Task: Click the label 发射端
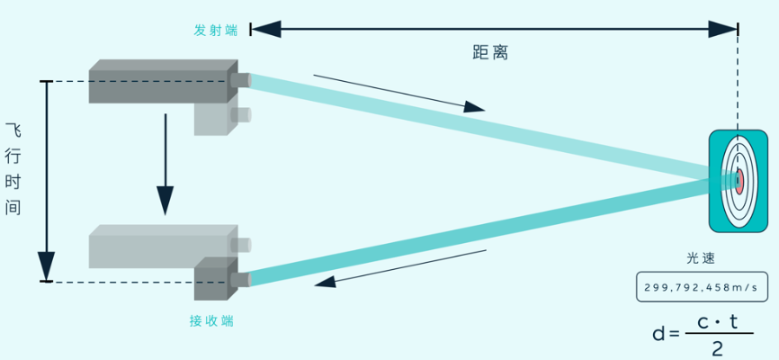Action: tap(216, 30)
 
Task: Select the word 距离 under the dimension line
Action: tap(490, 53)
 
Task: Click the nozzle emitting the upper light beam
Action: tap(240, 80)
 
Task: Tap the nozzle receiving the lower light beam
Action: tap(241, 280)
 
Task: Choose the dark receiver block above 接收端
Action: tap(213, 280)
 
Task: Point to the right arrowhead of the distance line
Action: tap(724, 29)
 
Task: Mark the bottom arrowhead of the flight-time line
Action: tap(46, 267)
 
